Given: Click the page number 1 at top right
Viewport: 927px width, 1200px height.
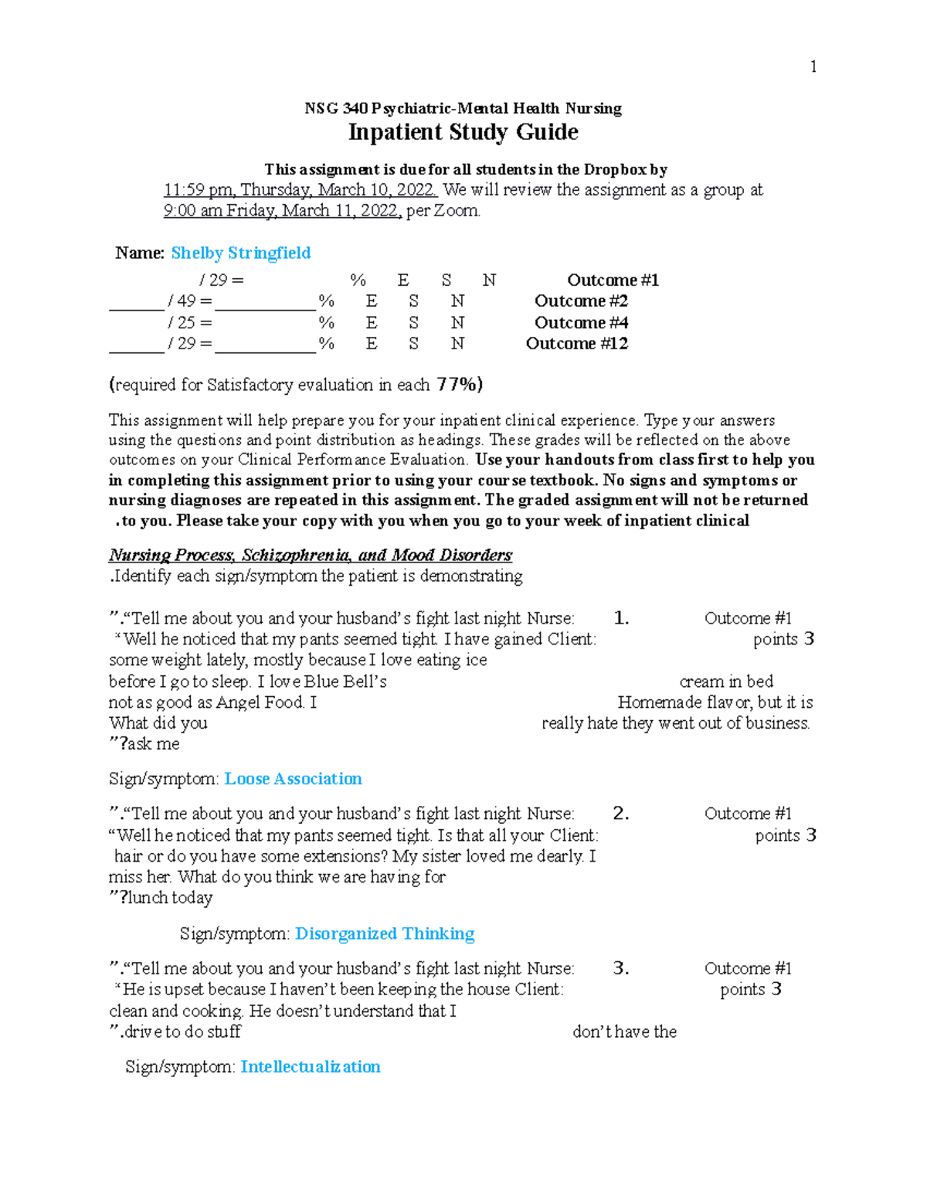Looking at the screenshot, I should (813, 66).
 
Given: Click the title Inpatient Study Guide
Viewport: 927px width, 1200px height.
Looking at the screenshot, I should (463, 132).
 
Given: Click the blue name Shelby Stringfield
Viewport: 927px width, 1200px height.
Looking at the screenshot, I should (240, 253).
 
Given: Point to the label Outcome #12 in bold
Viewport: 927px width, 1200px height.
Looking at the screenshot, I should (576, 344).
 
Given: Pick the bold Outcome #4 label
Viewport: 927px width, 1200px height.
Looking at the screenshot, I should (581, 323).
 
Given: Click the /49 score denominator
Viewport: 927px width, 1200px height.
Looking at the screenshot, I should (185, 301).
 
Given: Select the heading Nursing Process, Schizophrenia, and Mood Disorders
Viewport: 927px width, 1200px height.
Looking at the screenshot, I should (310, 555).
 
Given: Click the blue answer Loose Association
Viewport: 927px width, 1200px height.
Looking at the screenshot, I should (293, 779).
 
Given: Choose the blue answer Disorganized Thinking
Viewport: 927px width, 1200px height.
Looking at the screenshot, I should (385, 933).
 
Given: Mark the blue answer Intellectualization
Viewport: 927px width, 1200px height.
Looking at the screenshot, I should (310, 1067).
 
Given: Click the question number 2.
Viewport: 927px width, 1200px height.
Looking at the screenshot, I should (620, 814).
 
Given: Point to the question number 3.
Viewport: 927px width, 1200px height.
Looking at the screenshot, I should (620, 968).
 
